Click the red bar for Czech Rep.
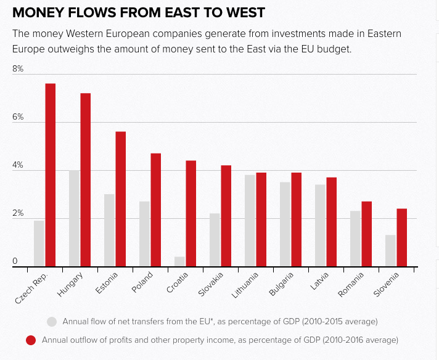[51, 175]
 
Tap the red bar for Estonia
[121, 199]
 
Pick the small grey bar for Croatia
[179, 261]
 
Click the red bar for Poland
[156, 210]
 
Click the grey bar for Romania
[355, 239]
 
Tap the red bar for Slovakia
[226, 216]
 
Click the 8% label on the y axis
[18, 69]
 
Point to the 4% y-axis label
[18, 165]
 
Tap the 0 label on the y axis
[15, 262]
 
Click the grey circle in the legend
[52, 321]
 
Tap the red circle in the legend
[31, 340]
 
